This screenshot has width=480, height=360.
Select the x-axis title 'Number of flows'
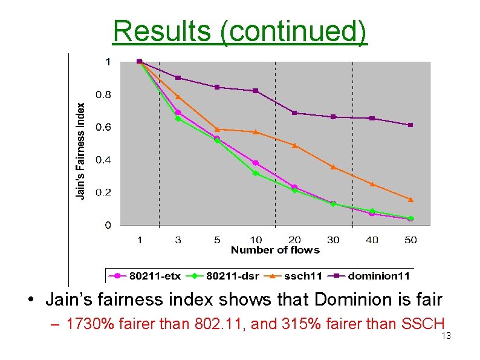point(275,250)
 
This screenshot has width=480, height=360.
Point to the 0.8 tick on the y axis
point(103,94)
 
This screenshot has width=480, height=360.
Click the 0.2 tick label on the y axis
point(103,192)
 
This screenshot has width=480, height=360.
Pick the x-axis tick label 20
point(294,240)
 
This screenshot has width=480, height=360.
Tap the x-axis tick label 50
point(410,240)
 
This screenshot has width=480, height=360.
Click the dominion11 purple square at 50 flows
point(410,125)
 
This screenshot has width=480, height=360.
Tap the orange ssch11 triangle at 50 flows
point(410,199)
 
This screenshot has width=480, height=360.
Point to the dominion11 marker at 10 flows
point(256,91)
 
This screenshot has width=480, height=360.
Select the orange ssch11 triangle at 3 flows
point(178,97)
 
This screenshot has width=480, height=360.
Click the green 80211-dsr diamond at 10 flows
point(256,174)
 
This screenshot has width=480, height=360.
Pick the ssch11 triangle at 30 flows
point(333,166)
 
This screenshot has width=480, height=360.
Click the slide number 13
point(446,336)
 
